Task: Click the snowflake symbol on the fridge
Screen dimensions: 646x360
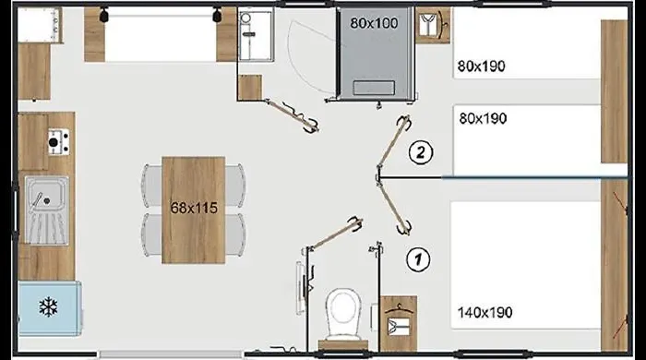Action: tap(48, 306)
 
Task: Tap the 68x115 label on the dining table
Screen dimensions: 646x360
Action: tap(194, 208)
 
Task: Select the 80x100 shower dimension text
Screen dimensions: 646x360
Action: tap(374, 23)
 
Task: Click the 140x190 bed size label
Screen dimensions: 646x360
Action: tap(484, 313)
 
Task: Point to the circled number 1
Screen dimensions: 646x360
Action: tap(418, 260)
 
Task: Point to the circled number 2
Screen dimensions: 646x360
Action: tap(421, 153)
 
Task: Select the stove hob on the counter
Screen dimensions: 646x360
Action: tap(58, 142)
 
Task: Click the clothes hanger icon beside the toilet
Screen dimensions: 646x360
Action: tap(399, 319)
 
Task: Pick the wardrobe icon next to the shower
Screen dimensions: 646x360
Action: tap(433, 25)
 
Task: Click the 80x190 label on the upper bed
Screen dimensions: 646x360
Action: tap(481, 66)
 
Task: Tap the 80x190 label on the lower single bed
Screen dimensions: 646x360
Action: tap(483, 119)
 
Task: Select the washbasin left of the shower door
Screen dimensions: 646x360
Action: tap(256, 36)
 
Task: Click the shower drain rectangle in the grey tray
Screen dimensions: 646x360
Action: tap(374, 88)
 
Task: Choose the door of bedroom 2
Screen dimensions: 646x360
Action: tap(393, 143)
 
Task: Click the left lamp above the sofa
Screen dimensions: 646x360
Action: tap(103, 16)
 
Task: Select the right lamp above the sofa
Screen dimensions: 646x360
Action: tap(217, 16)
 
